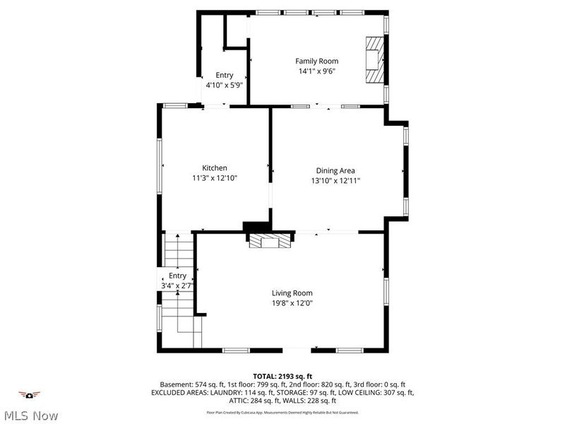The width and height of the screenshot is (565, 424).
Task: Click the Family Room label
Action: pos(316,61)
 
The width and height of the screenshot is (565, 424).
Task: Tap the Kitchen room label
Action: pos(215,167)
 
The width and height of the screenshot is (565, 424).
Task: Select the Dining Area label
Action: pos(335,170)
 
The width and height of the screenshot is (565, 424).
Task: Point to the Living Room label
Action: pos(292,293)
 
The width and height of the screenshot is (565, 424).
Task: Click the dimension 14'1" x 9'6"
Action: pos(316,71)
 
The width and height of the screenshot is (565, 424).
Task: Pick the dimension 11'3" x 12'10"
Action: pos(215,178)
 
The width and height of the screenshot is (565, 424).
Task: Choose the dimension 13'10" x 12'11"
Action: pos(335,181)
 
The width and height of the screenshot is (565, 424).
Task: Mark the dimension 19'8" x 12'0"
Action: pos(292,303)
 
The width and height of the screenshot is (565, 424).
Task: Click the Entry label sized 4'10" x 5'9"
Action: pos(225,75)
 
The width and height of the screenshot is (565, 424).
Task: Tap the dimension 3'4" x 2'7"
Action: pos(177,285)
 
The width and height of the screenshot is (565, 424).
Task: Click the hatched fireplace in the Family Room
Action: pos(374,60)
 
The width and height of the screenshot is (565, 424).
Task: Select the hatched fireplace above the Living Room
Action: pos(269,242)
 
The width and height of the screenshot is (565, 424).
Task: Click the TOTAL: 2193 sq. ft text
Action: pos(282,376)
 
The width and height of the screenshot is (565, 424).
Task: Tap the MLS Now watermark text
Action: pos(30,416)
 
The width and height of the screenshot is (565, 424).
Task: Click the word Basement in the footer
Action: pos(176,384)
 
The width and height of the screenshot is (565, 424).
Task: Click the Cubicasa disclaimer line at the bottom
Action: pos(282,412)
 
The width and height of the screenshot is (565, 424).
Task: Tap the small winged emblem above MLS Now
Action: pos(29,394)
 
